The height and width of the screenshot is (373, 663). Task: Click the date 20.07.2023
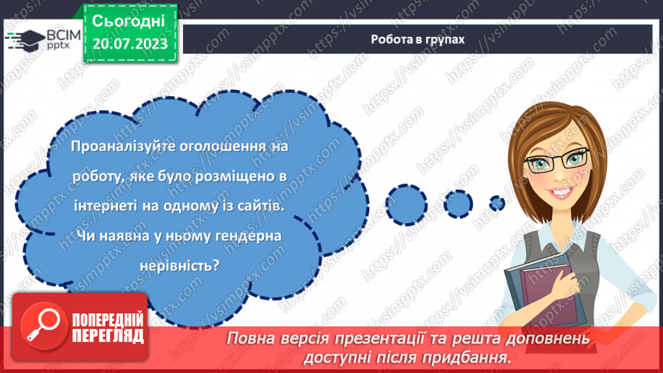coord(130,44)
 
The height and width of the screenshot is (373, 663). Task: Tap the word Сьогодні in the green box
coord(130,19)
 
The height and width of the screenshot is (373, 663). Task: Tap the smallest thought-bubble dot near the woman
coord(496,202)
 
